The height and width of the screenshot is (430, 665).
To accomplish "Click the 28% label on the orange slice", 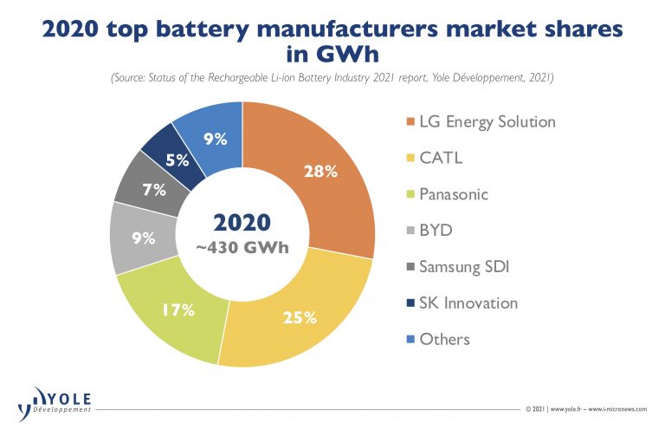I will [320, 172].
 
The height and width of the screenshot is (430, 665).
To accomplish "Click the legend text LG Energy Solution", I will [487, 121].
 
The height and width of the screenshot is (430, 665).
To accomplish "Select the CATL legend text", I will [442, 158].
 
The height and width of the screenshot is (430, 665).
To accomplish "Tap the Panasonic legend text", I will [454, 194].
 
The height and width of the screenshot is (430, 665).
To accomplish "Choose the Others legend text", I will [444, 339].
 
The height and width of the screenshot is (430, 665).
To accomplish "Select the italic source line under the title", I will [332, 79].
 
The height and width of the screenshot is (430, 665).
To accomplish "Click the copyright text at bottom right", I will [588, 407].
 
